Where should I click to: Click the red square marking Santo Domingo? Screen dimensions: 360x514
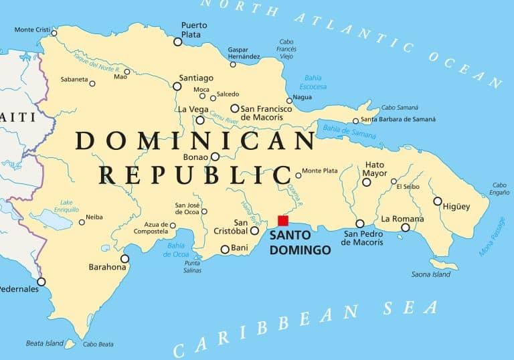282,221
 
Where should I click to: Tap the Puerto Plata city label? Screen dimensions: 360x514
194,29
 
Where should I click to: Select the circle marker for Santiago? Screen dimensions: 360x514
177,86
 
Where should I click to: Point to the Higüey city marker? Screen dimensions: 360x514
437,201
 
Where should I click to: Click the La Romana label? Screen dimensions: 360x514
402,219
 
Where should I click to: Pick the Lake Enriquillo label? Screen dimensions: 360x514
66,205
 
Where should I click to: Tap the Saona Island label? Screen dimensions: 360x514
431,274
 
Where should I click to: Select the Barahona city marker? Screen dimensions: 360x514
124,259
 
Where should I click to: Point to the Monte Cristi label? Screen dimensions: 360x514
33,29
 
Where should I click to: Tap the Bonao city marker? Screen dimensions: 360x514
215,157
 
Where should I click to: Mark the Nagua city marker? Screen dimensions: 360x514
289,101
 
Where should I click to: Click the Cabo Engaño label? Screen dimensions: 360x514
499,189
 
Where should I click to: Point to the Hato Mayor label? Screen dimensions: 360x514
375,169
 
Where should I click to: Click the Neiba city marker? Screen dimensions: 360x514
82,222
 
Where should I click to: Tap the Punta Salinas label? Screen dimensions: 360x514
192,266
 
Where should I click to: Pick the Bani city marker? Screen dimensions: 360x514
225,250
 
